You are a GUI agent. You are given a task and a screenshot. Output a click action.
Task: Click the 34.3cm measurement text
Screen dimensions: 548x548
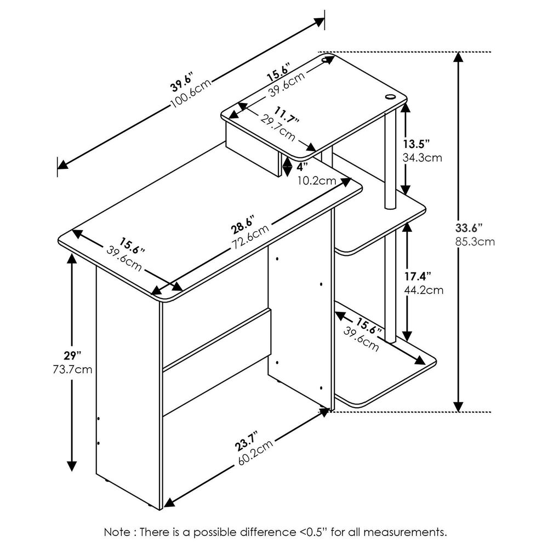[422, 157]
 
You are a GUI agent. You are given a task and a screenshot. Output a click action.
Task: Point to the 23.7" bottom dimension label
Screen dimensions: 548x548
[242, 443]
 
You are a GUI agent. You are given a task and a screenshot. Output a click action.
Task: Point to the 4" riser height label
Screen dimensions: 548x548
[301, 165]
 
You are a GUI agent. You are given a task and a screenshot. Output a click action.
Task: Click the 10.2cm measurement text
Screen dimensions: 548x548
[317, 179]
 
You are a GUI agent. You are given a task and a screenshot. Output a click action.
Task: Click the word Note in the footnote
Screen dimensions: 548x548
[118, 532]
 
